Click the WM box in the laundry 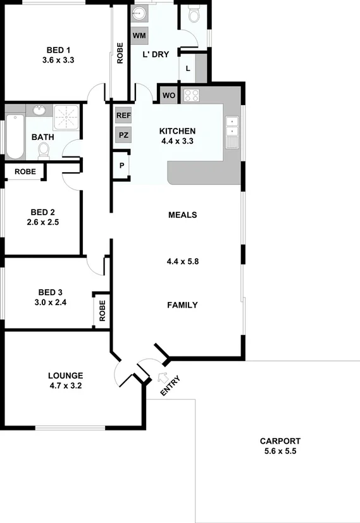pos(139,35)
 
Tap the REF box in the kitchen pos(123,116)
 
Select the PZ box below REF pos(123,135)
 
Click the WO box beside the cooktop pos(168,96)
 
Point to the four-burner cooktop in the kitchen pos(191,96)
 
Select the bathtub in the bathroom pos(15,137)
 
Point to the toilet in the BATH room pos(44,149)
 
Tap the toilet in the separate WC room pos(194,13)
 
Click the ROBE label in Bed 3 pos(102,310)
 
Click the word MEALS pos(182,215)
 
